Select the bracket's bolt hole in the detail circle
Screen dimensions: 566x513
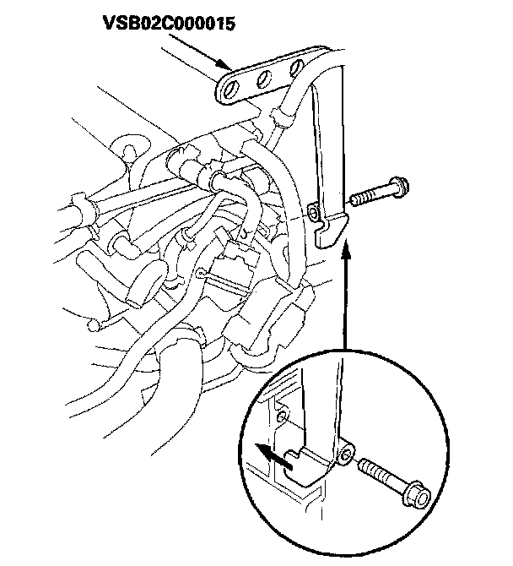click(345, 456)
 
